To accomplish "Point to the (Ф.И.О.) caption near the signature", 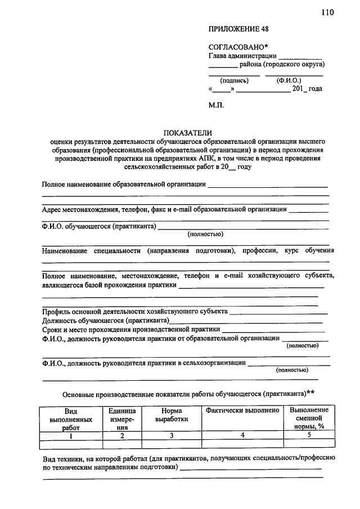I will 289,80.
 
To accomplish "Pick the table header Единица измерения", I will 122,419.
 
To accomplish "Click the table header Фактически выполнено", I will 242,411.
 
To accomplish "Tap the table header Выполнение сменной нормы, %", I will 309,418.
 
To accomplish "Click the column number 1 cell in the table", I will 71,435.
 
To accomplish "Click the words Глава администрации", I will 242,55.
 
